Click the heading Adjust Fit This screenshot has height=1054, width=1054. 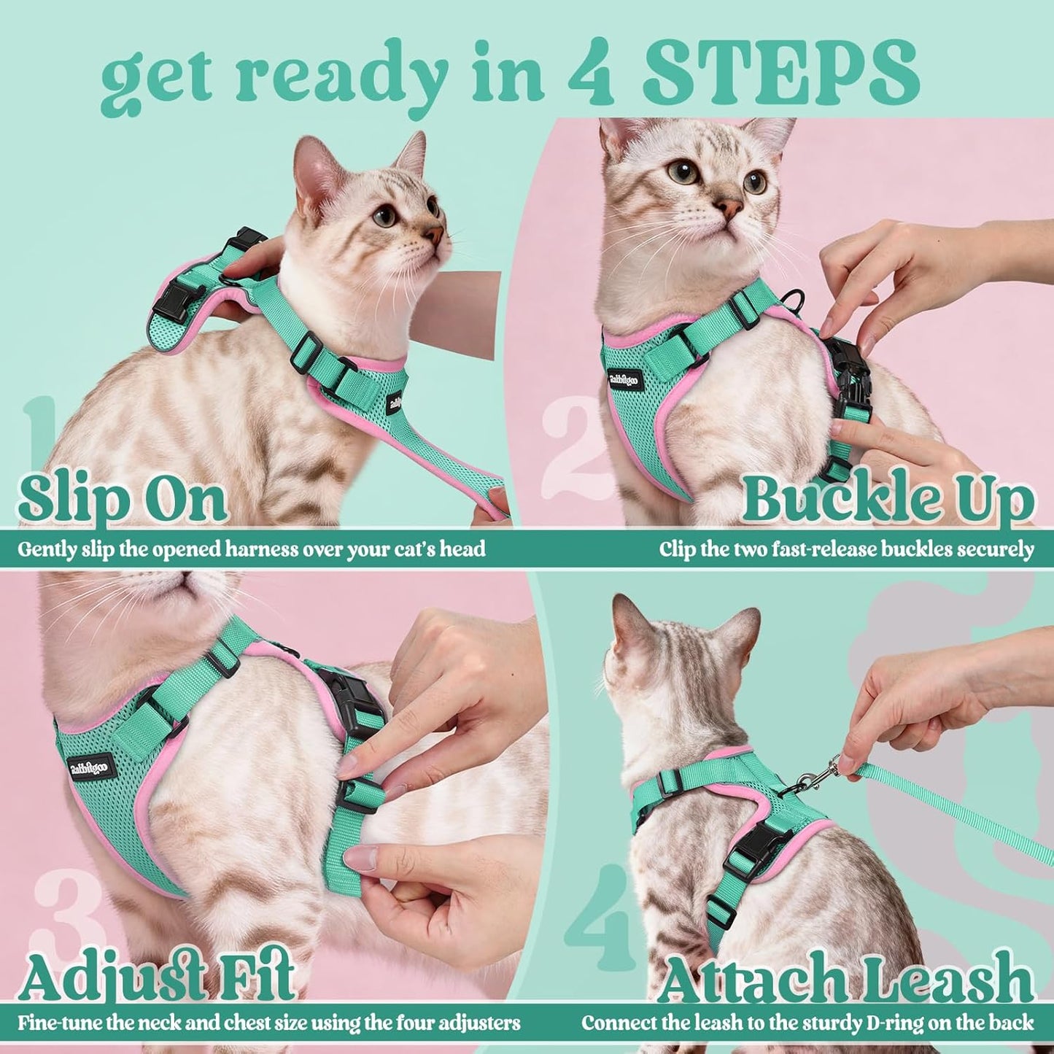(157, 974)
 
